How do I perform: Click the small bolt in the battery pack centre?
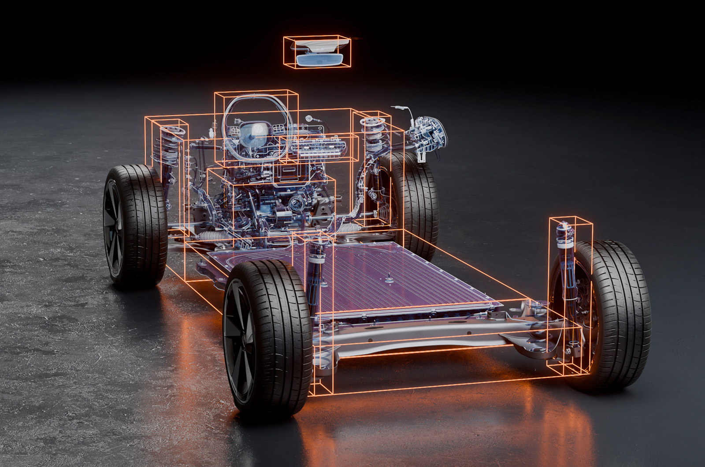[x=390, y=278]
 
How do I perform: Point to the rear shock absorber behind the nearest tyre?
[x=316, y=273]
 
